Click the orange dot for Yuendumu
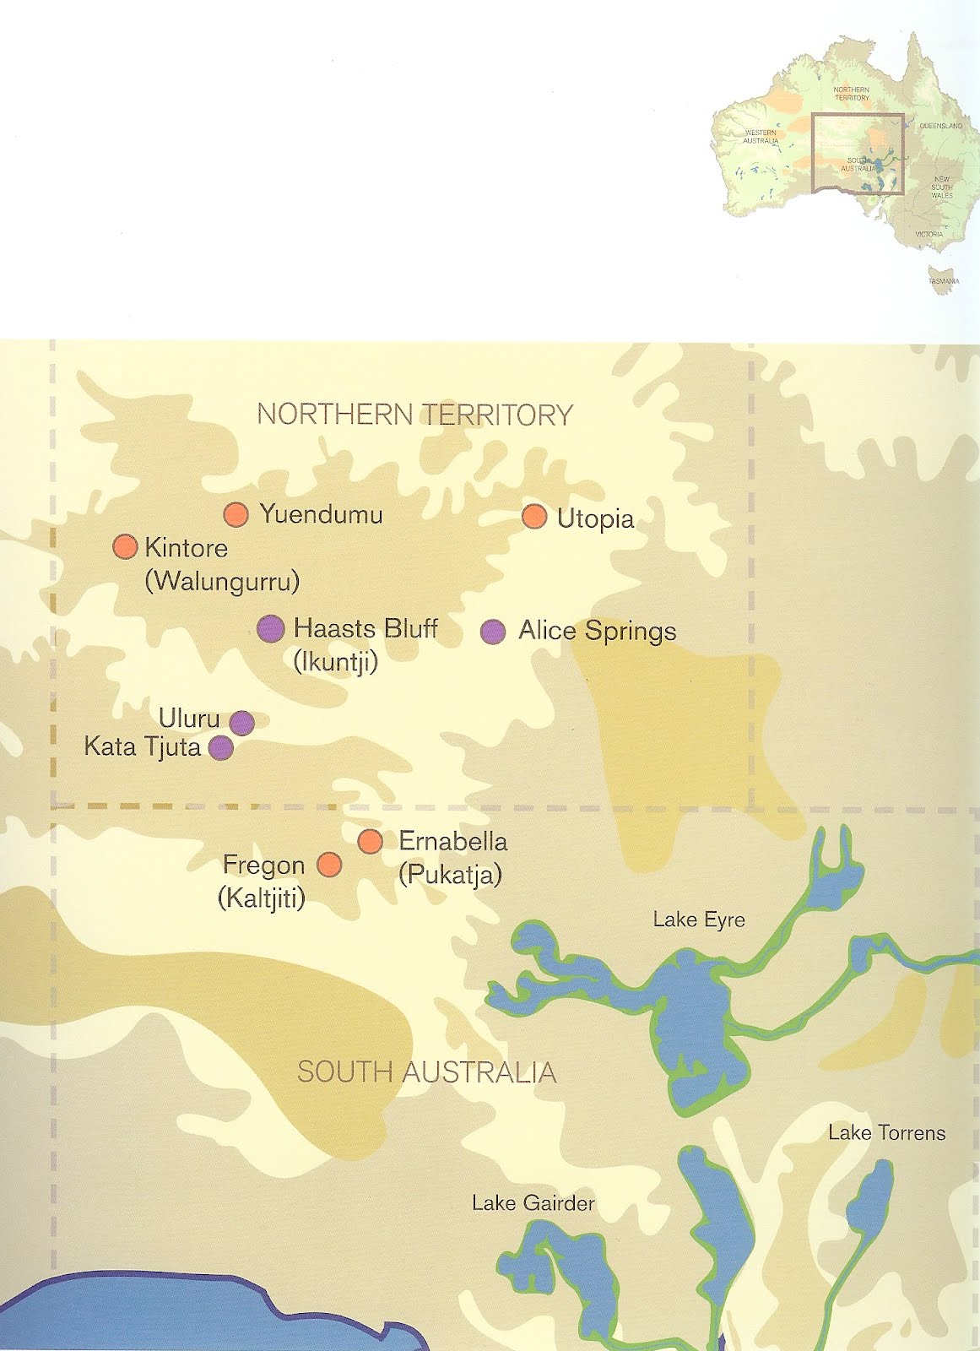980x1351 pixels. click(236, 514)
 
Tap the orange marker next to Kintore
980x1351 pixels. click(125, 547)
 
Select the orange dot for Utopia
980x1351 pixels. click(533, 517)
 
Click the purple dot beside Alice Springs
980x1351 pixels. click(493, 631)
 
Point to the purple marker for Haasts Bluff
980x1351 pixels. click(270, 628)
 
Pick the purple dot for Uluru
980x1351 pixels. click(241, 723)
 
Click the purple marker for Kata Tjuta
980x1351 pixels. click(221, 747)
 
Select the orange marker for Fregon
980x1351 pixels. click(328, 865)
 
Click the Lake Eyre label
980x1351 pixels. click(699, 920)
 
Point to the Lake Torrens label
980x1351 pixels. click(886, 1133)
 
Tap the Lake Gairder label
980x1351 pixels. click(533, 1203)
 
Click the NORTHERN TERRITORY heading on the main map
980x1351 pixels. click(414, 415)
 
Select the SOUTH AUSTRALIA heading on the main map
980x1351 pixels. click(426, 1072)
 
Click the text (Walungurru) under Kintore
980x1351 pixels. click(222, 582)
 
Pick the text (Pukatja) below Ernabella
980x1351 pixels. click(450, 875)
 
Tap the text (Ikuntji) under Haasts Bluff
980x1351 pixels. click(335, 662)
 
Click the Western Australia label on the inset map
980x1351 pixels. click(761, 137)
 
